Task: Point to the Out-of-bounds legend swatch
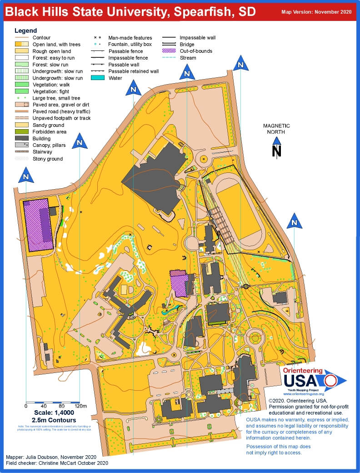(170, 51)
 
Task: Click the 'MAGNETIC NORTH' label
(276, 129)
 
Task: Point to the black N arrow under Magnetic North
(276, 150)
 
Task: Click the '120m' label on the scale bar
(80, 406)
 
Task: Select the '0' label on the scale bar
(26, 406)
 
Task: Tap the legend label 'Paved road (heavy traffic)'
(61, 111)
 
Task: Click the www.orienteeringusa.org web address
(300, 394)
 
